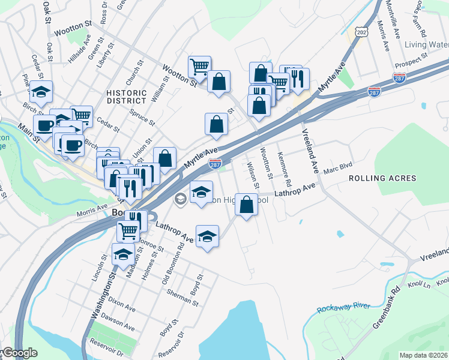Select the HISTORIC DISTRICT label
pos(126,97)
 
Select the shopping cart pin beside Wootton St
pos(199,67)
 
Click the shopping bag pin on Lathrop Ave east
pos(246,205)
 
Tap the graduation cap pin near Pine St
pos(41,92)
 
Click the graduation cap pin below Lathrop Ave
pos(207,236)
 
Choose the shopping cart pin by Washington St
pos(128,230)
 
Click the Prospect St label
pos(411,57)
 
